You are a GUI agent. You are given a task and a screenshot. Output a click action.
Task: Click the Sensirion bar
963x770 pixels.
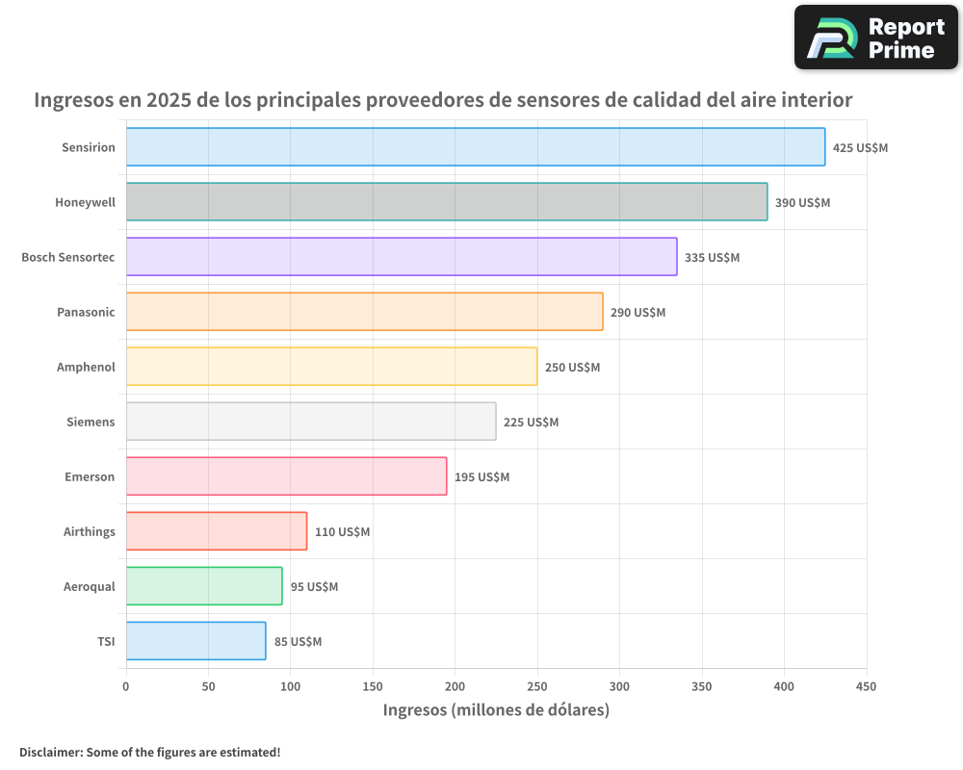click(x=475, y=147)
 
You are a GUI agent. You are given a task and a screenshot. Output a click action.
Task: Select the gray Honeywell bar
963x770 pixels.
click(x=446, y=202)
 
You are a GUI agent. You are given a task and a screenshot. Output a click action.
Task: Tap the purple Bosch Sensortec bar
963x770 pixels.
click(x=401, y=257)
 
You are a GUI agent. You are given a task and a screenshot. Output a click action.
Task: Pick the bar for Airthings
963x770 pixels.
click(x=216, y=531)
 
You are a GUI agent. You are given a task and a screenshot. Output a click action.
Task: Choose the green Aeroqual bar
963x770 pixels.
click(x=203, y=586)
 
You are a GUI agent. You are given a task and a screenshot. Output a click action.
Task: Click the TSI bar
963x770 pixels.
click(x=195, y=641)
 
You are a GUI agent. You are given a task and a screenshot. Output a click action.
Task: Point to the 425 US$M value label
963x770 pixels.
click(x=860, y=148)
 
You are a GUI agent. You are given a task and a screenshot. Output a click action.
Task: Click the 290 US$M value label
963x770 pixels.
click(x=638, y=313)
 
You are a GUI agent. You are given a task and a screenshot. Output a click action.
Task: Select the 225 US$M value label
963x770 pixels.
click(x=531, y=423)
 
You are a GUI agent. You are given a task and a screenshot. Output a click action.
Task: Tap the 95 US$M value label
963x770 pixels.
click(x=314, y=587)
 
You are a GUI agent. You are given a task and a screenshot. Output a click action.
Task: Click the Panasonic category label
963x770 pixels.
click(x=86, y=312)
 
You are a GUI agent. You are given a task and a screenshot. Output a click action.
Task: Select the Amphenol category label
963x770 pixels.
click(x=86, y=367)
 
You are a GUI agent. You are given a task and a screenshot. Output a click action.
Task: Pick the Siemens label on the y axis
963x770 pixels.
click(x=91, y=422)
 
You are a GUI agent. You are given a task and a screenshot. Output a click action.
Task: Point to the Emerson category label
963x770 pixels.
click(x=90, y=476)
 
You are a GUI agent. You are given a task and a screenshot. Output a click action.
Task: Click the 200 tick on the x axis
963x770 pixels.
click(x=455, y=686)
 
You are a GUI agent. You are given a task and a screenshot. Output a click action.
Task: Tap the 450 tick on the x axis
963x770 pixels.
click(x=866, y=686)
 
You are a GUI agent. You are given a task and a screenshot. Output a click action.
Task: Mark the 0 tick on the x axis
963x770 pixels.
click(x=125, y=686)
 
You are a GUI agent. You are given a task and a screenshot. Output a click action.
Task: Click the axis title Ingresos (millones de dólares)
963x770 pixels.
click(x=496, y=710)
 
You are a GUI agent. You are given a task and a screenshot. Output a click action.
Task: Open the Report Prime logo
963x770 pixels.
click(x=875, y=38)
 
